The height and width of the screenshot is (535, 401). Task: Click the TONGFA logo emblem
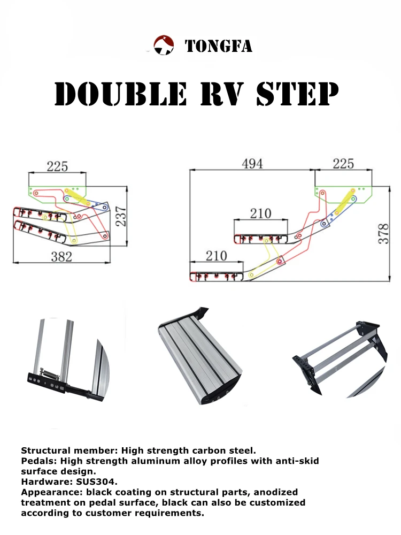click(x=164, y=45)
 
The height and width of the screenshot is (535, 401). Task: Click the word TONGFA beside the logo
click(x=218, y=47)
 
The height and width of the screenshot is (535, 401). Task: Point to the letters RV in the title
click(x=221, y=95)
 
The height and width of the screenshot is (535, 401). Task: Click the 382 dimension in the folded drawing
click(x=61, y=256)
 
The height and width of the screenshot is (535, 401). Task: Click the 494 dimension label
click(x=252, y=164)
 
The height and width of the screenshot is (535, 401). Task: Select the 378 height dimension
click(x=383, y=233)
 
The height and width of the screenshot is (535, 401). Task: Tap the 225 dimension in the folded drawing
click(x=57, y=166)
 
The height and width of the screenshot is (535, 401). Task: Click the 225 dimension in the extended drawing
click(x=343, y=164)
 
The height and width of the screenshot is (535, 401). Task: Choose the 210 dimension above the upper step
click(x=260, y=213)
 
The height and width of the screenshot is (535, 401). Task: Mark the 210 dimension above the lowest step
click(x=217, y=256)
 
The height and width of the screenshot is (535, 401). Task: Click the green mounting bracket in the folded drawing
click(x=45, y=192)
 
